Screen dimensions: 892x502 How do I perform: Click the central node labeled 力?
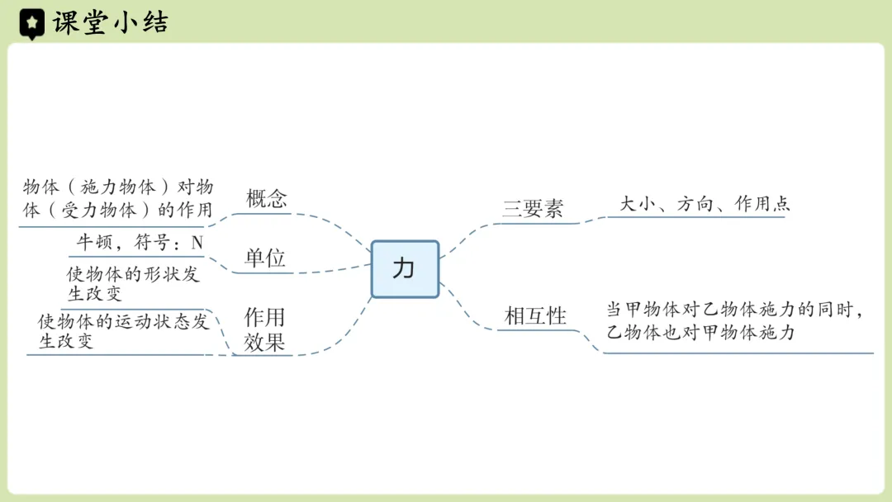coord(405,269)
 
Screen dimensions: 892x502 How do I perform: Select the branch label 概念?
coord(266,199)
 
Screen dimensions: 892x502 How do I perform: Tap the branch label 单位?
coord(265,258)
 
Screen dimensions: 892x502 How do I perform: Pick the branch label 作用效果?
coord(264,329)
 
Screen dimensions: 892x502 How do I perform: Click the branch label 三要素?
coord(533,209)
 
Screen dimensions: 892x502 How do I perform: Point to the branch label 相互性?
coord(535,315)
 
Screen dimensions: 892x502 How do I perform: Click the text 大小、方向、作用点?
coord(705,204)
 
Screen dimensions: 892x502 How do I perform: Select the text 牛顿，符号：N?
coord(140,243)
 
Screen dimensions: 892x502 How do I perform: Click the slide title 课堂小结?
coord(110,23)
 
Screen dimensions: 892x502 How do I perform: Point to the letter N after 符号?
coord(197,243)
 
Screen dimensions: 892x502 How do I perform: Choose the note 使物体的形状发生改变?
coord(133,284)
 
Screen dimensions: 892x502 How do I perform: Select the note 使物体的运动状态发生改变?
coord(123,331)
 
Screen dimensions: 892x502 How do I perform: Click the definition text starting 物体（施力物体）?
coord(117,198)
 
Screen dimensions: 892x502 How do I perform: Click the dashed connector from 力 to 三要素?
coord(471,235)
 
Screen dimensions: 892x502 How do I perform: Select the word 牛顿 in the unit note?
coord(93,243)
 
